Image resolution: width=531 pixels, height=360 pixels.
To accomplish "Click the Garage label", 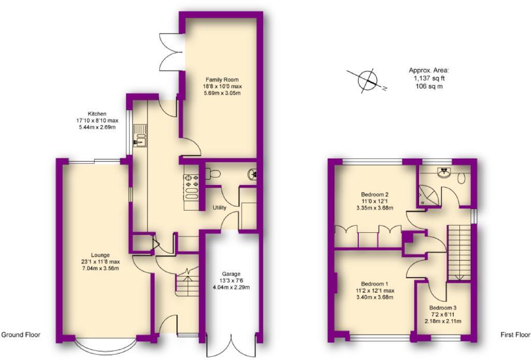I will [x=232, y=274].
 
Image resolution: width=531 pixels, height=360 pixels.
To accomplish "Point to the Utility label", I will [x=219, y=208].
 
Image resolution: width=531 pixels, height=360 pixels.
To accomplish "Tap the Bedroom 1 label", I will [x=374, y=284].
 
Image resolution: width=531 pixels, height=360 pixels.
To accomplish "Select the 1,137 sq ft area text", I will [x=429, y=78].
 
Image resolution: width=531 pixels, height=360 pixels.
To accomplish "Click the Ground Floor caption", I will [x=21, y=335].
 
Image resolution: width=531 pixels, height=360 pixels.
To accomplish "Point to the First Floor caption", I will [x=515, y=335].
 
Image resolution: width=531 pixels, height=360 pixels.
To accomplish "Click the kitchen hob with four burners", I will [x=191, y=181].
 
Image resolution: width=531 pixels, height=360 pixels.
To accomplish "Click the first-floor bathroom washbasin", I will [x=444, y=173].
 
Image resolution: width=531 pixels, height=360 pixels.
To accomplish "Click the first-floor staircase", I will [x=458, y=252].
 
